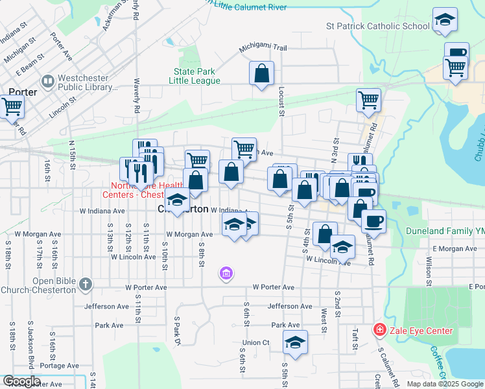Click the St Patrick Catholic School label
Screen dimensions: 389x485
click(378, 27)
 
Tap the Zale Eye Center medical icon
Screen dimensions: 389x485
click(379, 331)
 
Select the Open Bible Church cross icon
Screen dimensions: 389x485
click(85, 284)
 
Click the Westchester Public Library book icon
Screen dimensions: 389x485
click(47, 82)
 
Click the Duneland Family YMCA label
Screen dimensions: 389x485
click(445, 231)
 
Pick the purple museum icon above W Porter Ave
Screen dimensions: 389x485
click(226, 274)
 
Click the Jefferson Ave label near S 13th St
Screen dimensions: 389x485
click(105, 306)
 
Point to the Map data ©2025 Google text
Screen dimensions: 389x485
click(445, 384)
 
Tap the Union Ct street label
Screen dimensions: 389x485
click(256, 342)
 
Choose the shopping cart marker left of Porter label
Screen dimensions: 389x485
click(11, 106)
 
